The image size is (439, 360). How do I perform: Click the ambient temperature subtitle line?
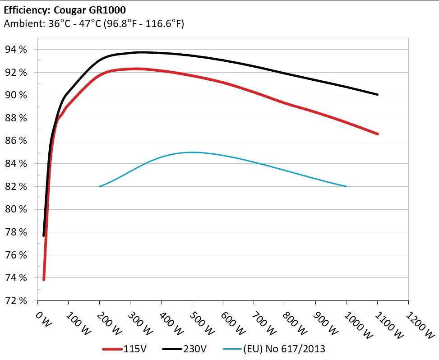pyautogui.click(x=93, y=24)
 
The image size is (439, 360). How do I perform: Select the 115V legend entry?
pyautogui.click(x=126, y=349)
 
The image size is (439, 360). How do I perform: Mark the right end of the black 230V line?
pyautogui.click(x=377, y=95)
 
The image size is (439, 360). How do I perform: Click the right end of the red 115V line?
pyautogui.click(x=377, y=134)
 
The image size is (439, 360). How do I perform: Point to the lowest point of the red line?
pyautogui.click(x=44, y=280)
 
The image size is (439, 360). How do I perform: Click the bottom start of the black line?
pyautogui.click(x=44, y=235)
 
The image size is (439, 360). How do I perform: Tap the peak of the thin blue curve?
pyautogui.click(x=192, y=152)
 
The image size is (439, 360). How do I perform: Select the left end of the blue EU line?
pyautogui.click(x=99, y=186)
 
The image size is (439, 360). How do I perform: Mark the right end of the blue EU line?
pyautogui.click(x=347, y=186)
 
